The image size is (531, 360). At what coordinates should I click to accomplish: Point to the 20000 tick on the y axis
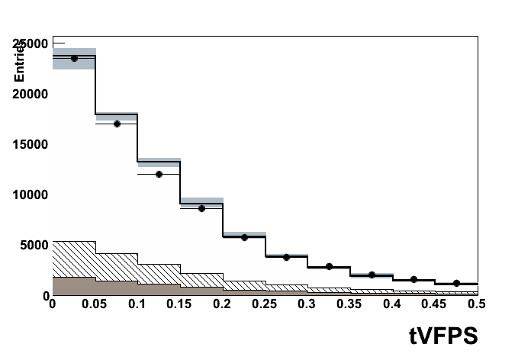tap(30, 94)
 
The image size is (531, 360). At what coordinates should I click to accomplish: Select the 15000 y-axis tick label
tap(30, 144)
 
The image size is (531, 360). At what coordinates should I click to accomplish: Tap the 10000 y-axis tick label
tap(30, 194)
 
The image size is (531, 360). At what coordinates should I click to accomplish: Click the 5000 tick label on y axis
tap(34, 245)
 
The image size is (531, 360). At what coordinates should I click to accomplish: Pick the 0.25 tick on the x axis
tap(265, 304)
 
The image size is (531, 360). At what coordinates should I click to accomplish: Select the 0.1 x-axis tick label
tap(137, 304)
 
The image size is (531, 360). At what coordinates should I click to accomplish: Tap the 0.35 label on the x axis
tap(349, 304)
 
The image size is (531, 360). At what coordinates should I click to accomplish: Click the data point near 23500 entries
tap(74, 59)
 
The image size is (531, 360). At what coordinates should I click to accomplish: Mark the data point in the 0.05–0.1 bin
tap(117, 124)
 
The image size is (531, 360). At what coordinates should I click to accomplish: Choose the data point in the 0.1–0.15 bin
tap(159, 174)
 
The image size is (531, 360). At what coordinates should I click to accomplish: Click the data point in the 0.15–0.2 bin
tap(201, 208)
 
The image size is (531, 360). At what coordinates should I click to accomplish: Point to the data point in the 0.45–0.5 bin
tap(456, 283)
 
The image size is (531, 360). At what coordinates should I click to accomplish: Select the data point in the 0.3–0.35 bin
tap(329, 267)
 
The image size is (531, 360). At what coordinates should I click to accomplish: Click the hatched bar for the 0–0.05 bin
tap(73, 259)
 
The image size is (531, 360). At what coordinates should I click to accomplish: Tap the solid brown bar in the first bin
tap(73, 286)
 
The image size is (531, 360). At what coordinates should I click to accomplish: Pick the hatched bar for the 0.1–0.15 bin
tap(159, 274)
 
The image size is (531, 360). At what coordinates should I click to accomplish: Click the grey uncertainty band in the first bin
tap(73, 63)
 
